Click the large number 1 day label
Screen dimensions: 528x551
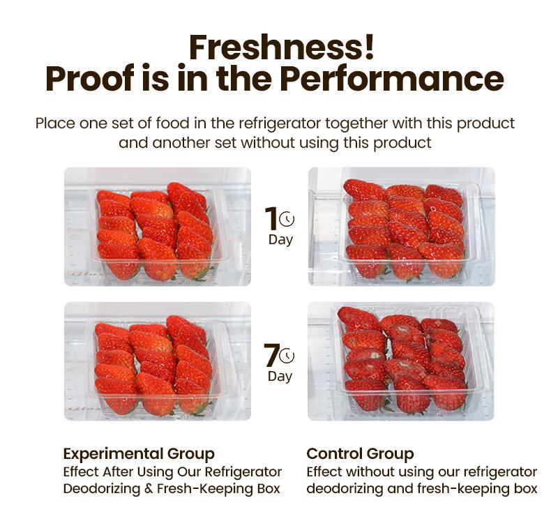pos(271,219)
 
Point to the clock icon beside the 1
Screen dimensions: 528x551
pos(287,220)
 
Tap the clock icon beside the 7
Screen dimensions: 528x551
pos(287,356)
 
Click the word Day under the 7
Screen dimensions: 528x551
pos(280,377)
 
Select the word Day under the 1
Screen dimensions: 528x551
pos(280,240)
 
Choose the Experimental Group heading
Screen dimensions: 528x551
pos(139,454)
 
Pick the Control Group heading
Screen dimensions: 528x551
pos(360,454)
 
